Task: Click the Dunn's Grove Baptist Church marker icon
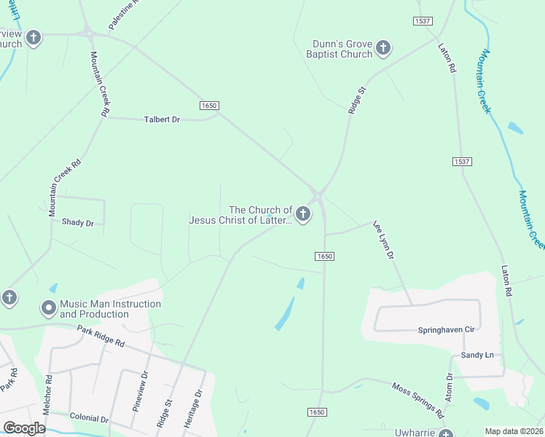click(x=383, y=49)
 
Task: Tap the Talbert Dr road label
click(x=162, y=119)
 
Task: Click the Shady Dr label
click(x=78, y=222)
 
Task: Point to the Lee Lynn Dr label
click(x=383, y=240)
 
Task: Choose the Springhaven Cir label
click(x=446, y=329)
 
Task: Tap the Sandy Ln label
click(x=477, y=355)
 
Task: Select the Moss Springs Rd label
click(x=417, y=399)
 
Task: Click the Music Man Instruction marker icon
click(x=49, y=308)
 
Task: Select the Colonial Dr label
click(x=89, y=419)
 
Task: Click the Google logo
click(x=25, y=428)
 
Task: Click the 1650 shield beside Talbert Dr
click(x=209, y=106)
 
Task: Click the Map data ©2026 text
click(x=514, y=431)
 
